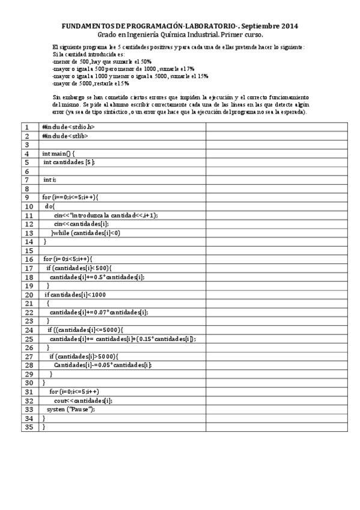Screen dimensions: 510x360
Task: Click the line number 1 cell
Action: [26, 127]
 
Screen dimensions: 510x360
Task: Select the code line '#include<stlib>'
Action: [66, 136]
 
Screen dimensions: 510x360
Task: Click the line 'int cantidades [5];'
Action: [69, 162]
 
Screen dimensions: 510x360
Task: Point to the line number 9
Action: [26, 197]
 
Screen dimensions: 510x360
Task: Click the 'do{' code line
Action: [49, 206]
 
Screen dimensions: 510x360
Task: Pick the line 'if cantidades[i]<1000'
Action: [75, 295]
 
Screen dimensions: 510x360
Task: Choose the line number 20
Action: [26, 295]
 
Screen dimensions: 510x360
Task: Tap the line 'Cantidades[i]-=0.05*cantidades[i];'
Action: [102, 365]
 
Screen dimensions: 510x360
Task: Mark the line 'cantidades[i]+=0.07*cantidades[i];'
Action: [99, 312]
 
